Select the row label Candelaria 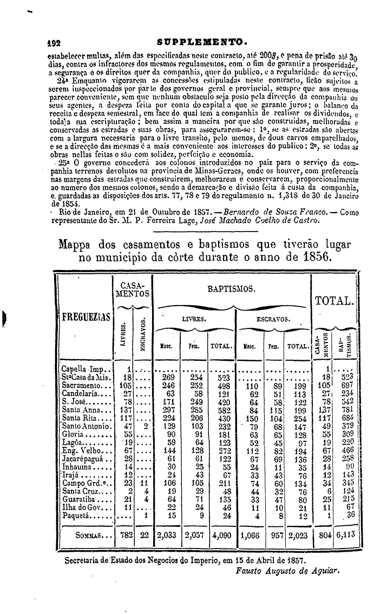tap(80, 393)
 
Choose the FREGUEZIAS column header tap(82, 315)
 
